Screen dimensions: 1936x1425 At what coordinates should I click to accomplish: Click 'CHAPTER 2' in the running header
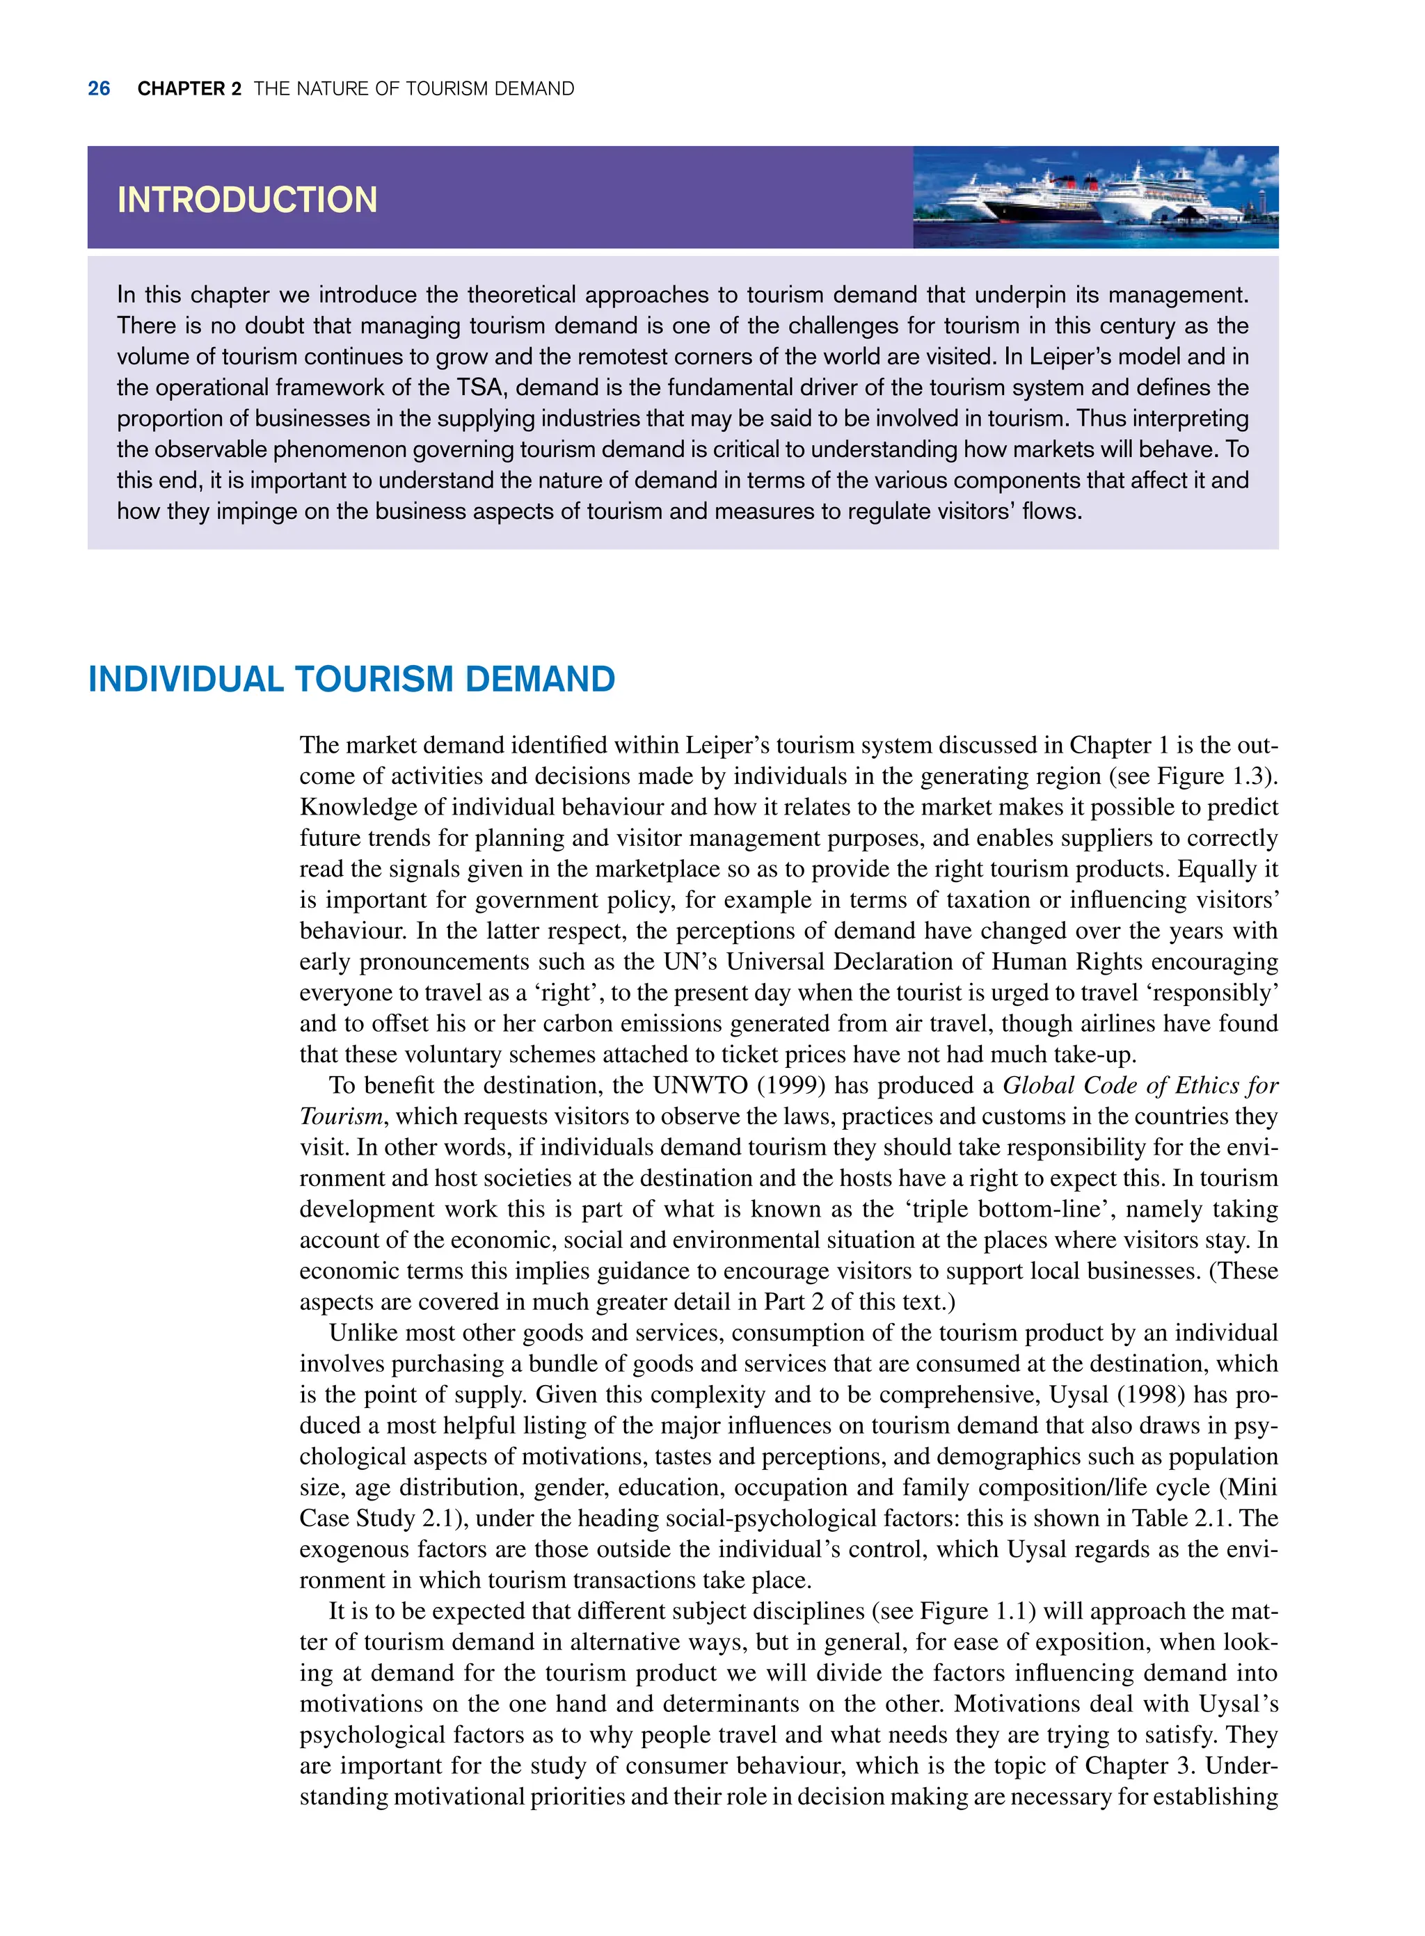coord(189,89)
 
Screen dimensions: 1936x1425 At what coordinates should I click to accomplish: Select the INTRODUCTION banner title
coord(247,200)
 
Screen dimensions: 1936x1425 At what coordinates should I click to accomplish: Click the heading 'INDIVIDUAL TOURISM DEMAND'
coord(351,680)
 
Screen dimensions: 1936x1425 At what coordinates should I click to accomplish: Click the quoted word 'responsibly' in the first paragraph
coord(1216,993)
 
